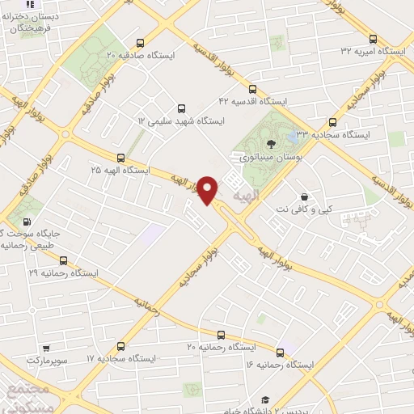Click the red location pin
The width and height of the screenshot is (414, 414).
[x=208, y=189]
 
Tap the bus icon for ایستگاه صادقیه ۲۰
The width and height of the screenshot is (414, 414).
[x=141, y=44]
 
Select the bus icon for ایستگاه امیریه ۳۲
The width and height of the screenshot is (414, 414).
[x=373, y=39]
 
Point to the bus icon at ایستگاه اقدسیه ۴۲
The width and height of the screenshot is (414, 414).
[x=252, y=89]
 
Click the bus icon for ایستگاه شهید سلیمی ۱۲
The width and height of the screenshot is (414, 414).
[x=180, y=108]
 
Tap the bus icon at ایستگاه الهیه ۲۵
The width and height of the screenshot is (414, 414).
[x=120, y=158]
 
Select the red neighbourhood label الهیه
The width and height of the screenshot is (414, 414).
[x=243, y=197]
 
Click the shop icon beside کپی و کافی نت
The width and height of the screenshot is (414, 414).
[x=303, y=196]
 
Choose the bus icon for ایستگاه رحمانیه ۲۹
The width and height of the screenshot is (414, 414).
[x=63, y=260]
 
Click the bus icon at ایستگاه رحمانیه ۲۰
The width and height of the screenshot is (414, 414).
[x=220, y=334]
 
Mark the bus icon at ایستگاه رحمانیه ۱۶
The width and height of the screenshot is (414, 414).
[x=281, y=352]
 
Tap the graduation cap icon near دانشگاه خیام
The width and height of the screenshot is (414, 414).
[x=264, y=400]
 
